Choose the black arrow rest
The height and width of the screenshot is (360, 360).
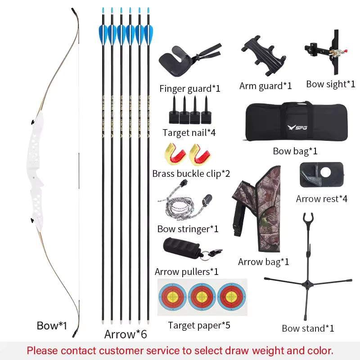(322, 174)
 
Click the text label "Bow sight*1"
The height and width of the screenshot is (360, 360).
(331, 84)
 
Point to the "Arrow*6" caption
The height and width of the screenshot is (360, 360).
(126, 334)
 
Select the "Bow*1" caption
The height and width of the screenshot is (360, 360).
(52, 326)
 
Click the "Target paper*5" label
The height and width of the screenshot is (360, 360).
(199, 325)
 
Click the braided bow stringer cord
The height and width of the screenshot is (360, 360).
(174, 202)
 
